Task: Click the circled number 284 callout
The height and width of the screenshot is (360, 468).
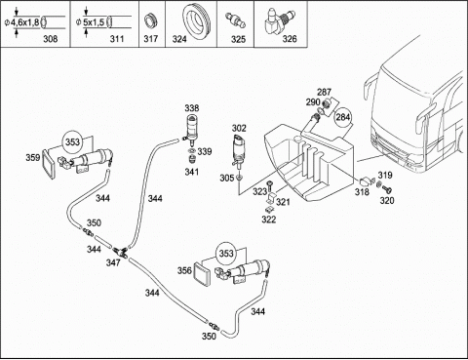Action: [x=343, y=117]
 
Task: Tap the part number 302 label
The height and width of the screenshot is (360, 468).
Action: [x=239, y=128]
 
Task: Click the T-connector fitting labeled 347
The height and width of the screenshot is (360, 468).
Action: [x=121, y=252]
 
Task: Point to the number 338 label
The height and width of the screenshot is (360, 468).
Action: [x=192, y=108]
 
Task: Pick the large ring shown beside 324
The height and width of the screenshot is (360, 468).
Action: [x=197, y=21]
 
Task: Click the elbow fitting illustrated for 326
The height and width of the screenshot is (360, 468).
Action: [x=279, y=20]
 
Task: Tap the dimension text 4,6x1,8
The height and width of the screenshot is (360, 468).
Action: [x=25, y=22]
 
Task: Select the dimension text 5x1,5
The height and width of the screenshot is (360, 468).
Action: [x=94, y=22]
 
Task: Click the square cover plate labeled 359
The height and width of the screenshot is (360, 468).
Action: [x=49, y=164]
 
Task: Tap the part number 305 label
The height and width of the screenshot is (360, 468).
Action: [x=227, y=178]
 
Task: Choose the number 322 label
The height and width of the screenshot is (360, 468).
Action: [x=269, y=220]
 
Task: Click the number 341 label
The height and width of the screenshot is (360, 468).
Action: [x=192, y=172]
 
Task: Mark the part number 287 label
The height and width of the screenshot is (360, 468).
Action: [x=324, y=93]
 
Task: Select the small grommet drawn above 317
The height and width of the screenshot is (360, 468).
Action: [x=150, y=21]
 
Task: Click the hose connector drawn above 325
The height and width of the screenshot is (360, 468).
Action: [x=236, y=20]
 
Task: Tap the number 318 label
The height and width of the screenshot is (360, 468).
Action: [x=362, y=192]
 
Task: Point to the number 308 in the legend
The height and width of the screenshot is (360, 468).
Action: [x=51, y=39]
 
